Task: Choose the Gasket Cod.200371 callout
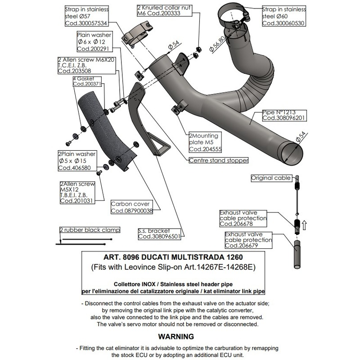86,81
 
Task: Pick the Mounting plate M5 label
203,142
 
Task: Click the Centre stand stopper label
218,160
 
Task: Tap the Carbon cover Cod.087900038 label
131,207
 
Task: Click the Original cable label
271,178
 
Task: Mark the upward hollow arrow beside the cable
304,224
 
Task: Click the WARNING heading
176,336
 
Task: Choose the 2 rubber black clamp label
90,230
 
